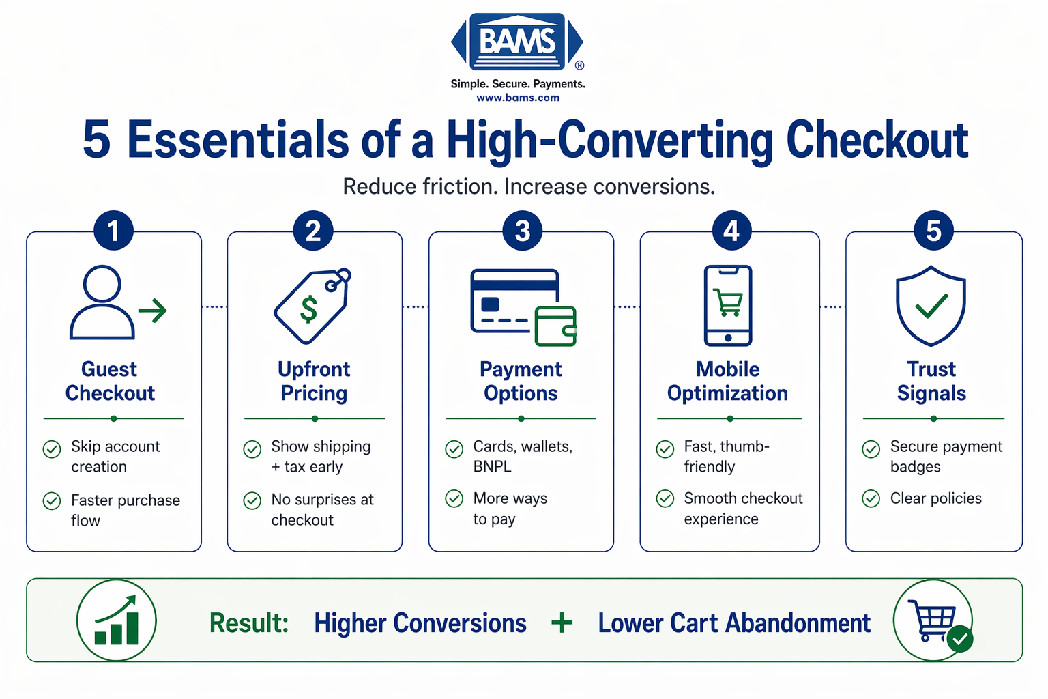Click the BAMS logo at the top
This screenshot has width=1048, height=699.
point(517,42)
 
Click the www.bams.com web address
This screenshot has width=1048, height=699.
point(518,98)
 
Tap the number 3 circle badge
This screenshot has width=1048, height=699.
point(522,231)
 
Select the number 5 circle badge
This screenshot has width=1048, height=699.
point(933,231)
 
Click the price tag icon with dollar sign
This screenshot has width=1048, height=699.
point(312,306)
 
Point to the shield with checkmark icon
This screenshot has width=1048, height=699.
point(931,305)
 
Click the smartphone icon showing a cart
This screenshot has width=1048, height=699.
point(728,305)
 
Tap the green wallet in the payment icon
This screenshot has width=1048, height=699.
point(555,326)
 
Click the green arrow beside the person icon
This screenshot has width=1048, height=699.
point(153,311)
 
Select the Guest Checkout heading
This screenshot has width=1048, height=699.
point(110,381)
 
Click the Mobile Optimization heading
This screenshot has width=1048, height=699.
point(727,381)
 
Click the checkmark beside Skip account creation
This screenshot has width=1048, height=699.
point(52,449)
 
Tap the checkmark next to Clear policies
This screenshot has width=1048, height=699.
point(871,499)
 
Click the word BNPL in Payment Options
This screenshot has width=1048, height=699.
point(492,467)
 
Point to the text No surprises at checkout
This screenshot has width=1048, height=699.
point(322,509)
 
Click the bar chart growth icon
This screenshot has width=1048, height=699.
point(117,620)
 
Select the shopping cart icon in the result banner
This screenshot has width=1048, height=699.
point(932,620)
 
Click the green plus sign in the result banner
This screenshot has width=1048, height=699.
point(562,623)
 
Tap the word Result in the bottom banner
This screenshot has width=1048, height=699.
point(248,623)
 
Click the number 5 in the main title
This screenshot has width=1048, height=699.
point(97,140)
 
